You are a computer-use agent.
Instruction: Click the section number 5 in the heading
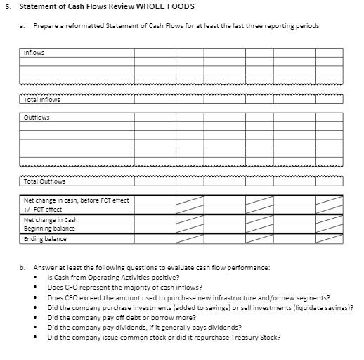tap(6, 7)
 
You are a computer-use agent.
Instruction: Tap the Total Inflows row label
tap(41, 100)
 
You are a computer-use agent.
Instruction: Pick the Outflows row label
tap(36, 117)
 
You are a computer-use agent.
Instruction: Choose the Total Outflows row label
tap(44, 181)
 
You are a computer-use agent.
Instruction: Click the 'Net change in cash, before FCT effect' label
tap(76, 200)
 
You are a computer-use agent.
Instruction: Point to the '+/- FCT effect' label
tap(43, 210)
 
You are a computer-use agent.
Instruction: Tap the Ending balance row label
tap(44, 239)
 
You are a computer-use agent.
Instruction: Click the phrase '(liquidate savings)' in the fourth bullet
tap(325, 307)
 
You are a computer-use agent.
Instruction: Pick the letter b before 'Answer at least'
tap(22, 267)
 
